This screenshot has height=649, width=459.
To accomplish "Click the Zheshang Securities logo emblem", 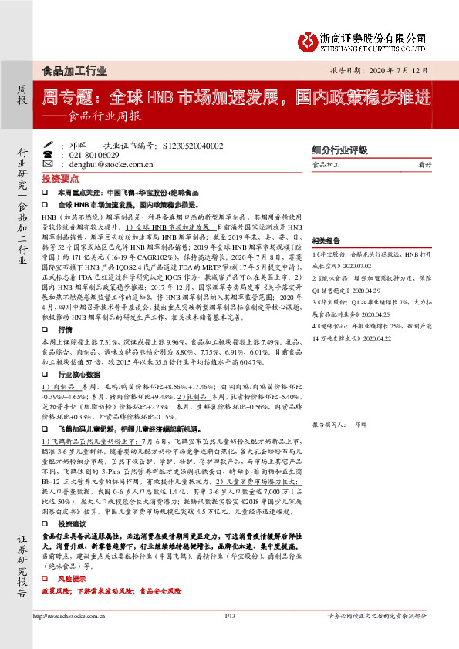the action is [311, 39].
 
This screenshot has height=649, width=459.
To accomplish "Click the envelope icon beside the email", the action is [50, 164].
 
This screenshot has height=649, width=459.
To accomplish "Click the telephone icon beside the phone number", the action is [50, 154].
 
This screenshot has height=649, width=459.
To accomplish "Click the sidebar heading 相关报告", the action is [328, 220].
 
